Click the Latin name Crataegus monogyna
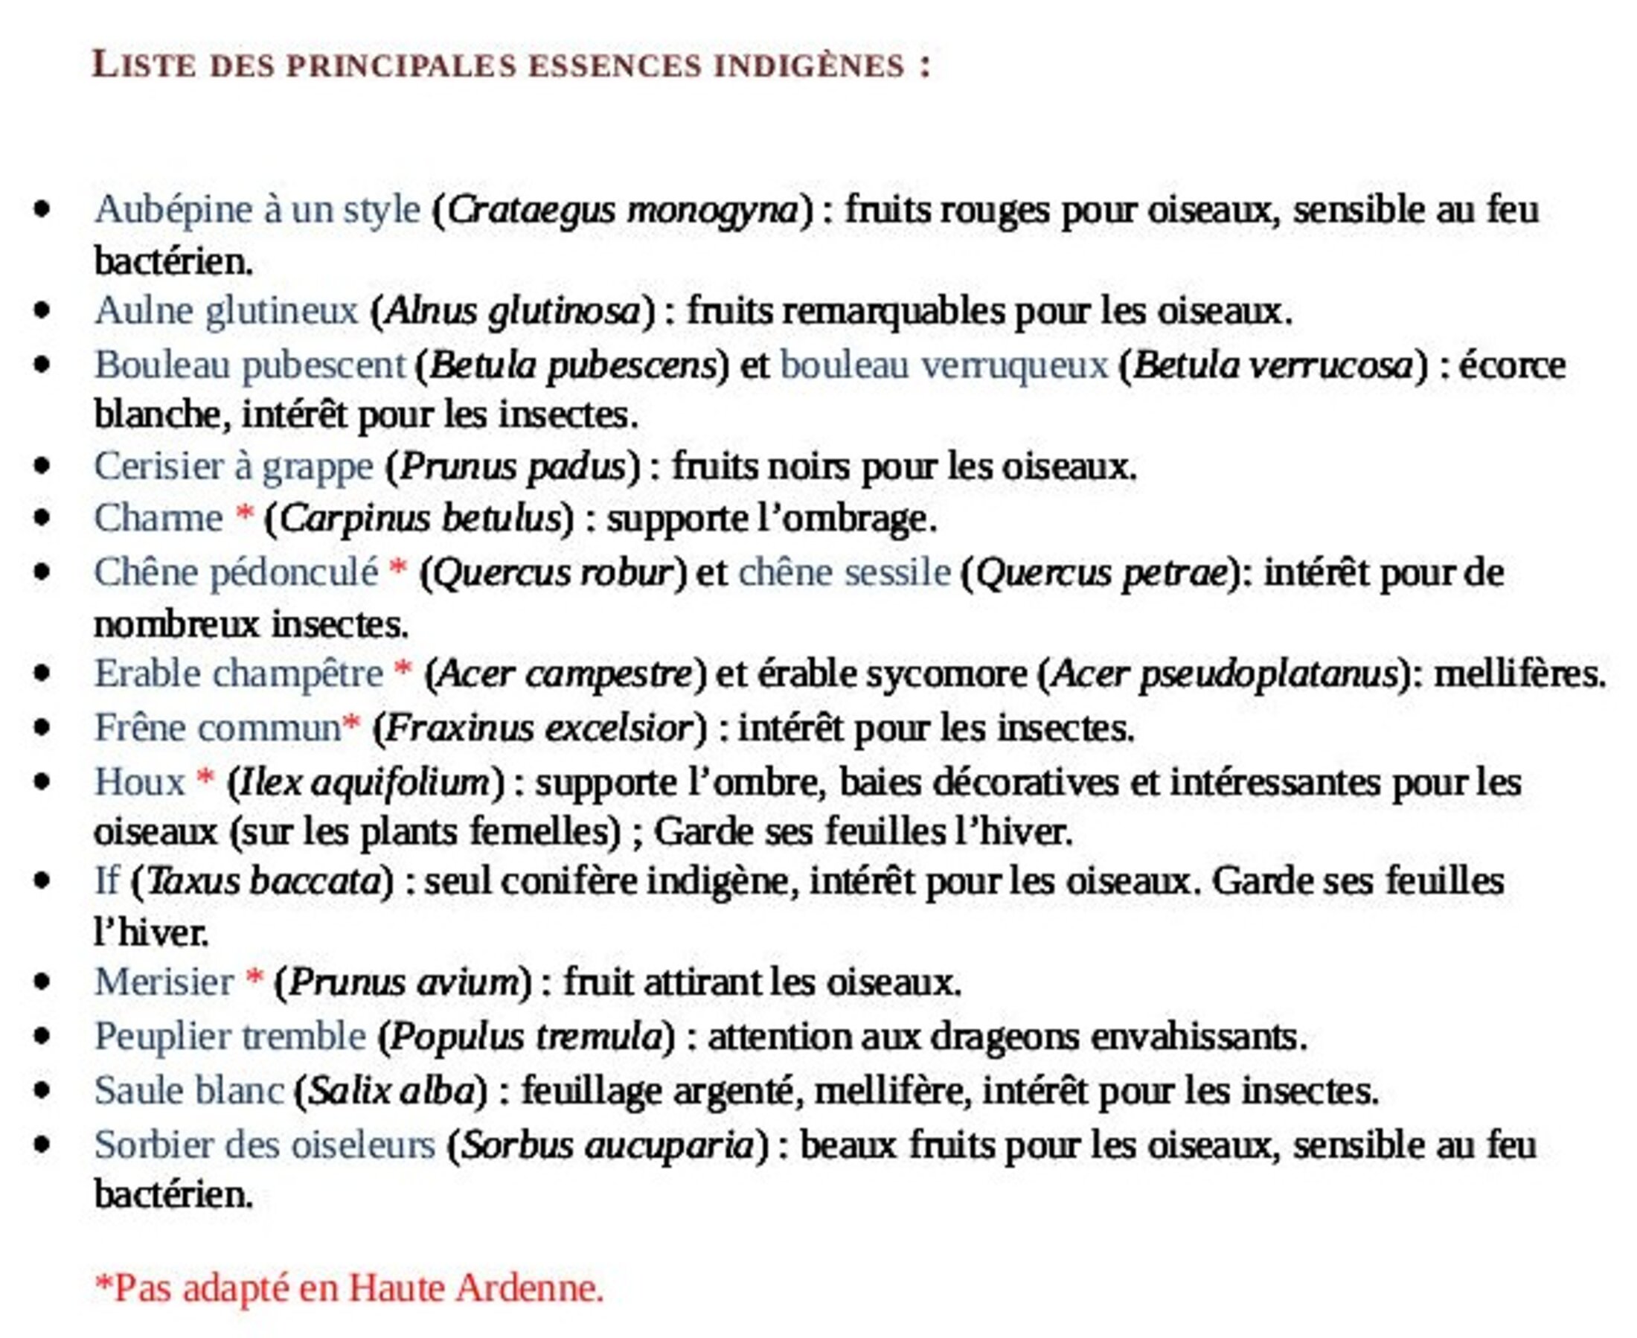(623, 210)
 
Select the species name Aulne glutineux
(225, 311)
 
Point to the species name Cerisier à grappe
(234, 467)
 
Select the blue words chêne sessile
(844, 573)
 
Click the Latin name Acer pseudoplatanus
(1225, 674)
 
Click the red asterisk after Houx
(205, 778)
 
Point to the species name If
(106, 881)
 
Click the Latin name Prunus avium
(404, 983)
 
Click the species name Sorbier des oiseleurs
(264, 1145)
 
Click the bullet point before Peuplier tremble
(42, 1036)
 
